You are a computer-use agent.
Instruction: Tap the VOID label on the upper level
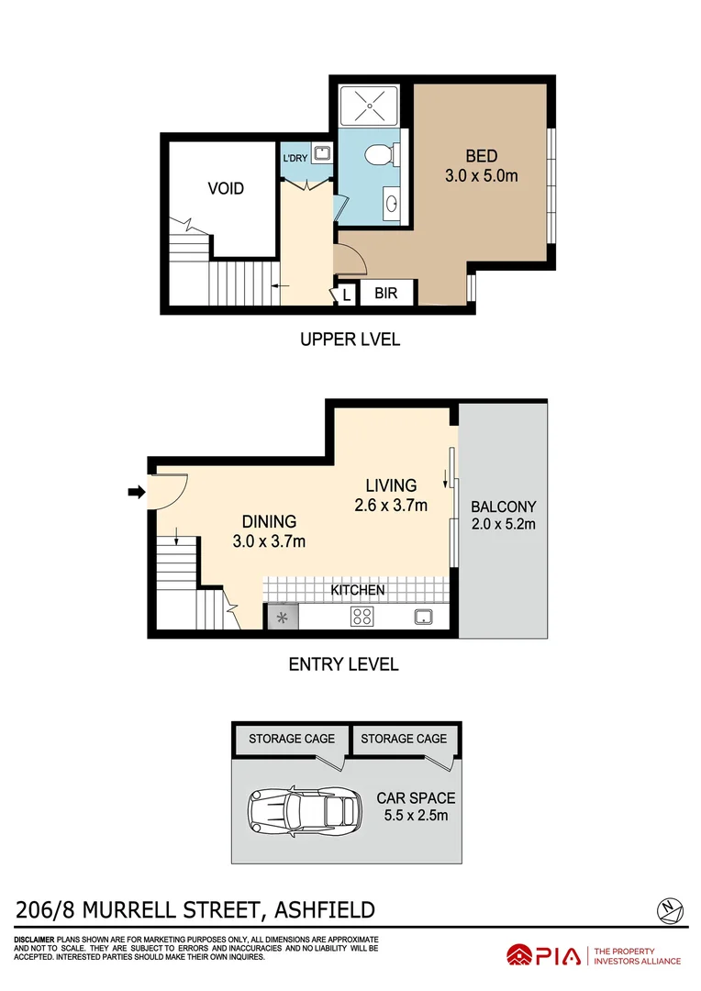click(x=226, y=188)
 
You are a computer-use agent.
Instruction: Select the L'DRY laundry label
click(x=295, y=158)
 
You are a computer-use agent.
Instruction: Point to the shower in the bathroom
click(x=371, y=106)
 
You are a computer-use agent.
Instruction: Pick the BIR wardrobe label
click(x=385, y=295)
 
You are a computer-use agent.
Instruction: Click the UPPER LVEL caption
click(x=350, y=340)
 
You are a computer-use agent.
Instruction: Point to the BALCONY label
click(x=503, y=506)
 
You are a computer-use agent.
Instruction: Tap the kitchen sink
click(x=423, y=617)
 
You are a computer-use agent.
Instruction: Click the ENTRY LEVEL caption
click(x=343, y=664)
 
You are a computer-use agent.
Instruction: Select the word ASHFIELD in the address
click(x=320, y=910)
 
